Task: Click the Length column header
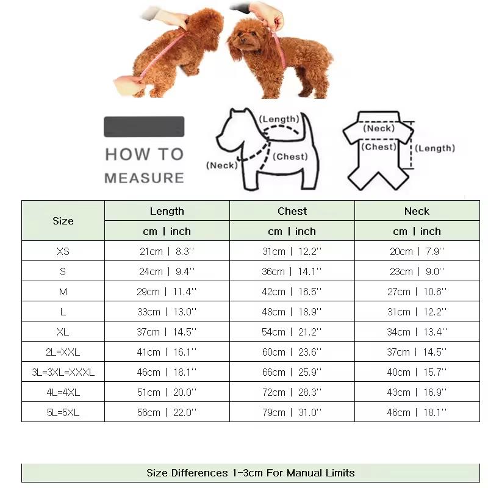[167, 211]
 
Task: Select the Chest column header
[292, 211]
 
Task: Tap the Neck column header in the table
[417, 211]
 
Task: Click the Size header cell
[63, 221]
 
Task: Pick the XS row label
[63, 251]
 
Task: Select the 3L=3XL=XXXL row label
[63, 372]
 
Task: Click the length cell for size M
[167, 292]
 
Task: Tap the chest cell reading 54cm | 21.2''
[292, 332]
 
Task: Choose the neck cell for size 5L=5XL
[417, 412]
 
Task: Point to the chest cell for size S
[292, 271]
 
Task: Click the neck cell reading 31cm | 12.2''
[417, 312]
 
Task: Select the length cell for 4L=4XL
[167, 392]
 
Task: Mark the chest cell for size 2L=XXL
[292, 352]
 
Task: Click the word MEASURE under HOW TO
[144, 178]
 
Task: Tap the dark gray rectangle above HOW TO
[144, 127]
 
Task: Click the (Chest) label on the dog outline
[290, 157]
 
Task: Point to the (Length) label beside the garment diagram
[436, 148]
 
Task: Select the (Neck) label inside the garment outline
[379, 129]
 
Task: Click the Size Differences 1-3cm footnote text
[250, 473]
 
